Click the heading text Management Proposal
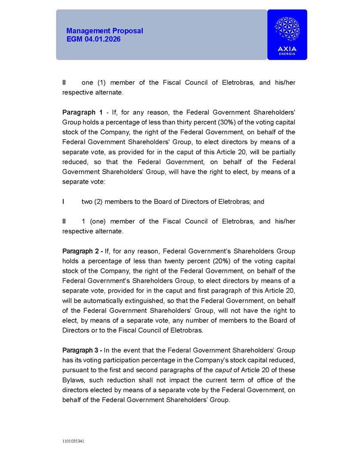click(104, 31)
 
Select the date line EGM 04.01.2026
click(93, 39)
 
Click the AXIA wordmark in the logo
click(287, 49)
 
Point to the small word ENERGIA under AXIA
click(287, 54)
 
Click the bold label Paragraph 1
click(82, 113)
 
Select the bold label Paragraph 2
click(82, 251)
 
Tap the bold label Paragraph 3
click(82, 350)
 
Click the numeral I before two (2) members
click(64, 202)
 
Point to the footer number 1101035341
click(73, 441)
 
